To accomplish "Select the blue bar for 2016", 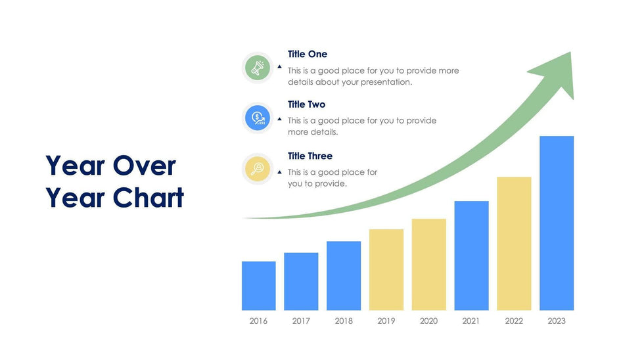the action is pos(259,286).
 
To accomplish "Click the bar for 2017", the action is pos(301,282).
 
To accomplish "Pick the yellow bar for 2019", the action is pos(386,269).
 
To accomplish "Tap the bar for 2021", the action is pos(472,256).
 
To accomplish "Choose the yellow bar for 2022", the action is pos(514,244).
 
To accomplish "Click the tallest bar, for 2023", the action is pos(557,223).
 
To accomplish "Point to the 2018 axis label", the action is pos(344,321).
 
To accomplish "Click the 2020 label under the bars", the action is pos(428,321).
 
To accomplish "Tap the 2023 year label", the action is pos(557,321).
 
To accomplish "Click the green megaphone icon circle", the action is pos(258,68).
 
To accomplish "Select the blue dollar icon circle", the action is pos(258,118).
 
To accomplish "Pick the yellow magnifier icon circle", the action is pos(258,169).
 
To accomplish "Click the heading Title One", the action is pos(308,54).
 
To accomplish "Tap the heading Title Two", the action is pos(306,104).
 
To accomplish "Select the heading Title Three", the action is pos(310,156).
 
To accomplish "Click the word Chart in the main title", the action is pos(149,198).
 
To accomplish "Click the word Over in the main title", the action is pos(145,166).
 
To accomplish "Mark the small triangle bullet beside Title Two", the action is pos(280,119).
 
